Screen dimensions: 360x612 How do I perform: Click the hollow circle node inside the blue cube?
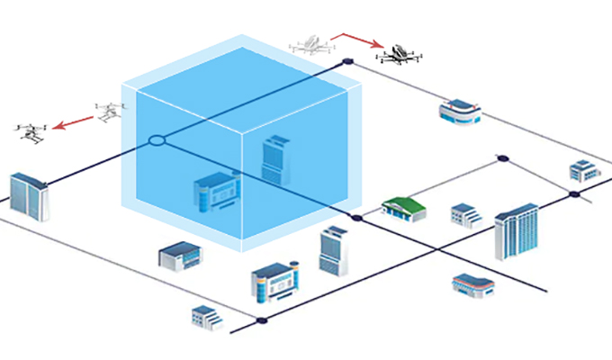point(157,140)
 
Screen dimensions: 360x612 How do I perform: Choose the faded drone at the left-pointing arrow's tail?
point(109,112)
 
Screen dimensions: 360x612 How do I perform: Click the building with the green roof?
point(402,207)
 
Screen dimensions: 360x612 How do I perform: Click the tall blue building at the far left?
point(29,195)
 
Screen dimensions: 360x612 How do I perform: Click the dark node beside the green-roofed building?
point(357,218)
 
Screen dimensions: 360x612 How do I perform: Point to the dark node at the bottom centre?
point(262,320)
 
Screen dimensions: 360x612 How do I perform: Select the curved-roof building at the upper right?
point(460,112)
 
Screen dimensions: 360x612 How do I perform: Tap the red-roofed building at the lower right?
point(472,285)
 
